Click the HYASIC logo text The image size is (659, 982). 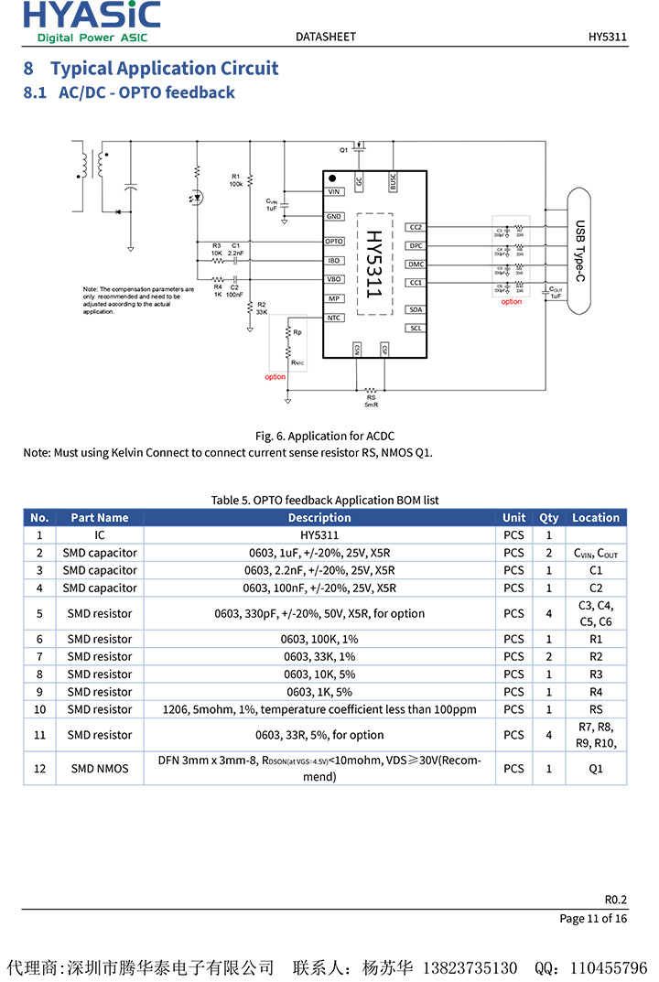coord(92,15)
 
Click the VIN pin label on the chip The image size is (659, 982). coord(334,192)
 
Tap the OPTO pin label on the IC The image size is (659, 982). coord(334,242)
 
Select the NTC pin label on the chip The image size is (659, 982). coord(334,318)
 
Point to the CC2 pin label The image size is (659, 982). coord(416,227)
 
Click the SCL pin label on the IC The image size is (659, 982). coord(416,328)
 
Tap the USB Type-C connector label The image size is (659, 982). coord(579,251)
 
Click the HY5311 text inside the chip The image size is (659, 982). coord(374,264)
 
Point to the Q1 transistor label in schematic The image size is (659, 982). coord(344,149)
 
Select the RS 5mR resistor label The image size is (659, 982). coord(371,401)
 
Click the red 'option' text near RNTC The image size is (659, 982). coord(275,377)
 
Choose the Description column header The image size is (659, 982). coord(319,517)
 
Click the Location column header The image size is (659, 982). coord(596,517)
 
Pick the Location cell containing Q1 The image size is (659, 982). coord(596,769)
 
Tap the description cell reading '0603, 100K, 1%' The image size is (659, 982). coord(319,639)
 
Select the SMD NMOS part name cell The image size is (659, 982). coord(100,769)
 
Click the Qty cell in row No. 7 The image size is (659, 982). coord(549,656)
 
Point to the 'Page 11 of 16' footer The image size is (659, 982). coord(593,918)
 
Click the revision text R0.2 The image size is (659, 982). coord(615,899)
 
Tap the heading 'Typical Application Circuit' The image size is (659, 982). coord(164,69)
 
